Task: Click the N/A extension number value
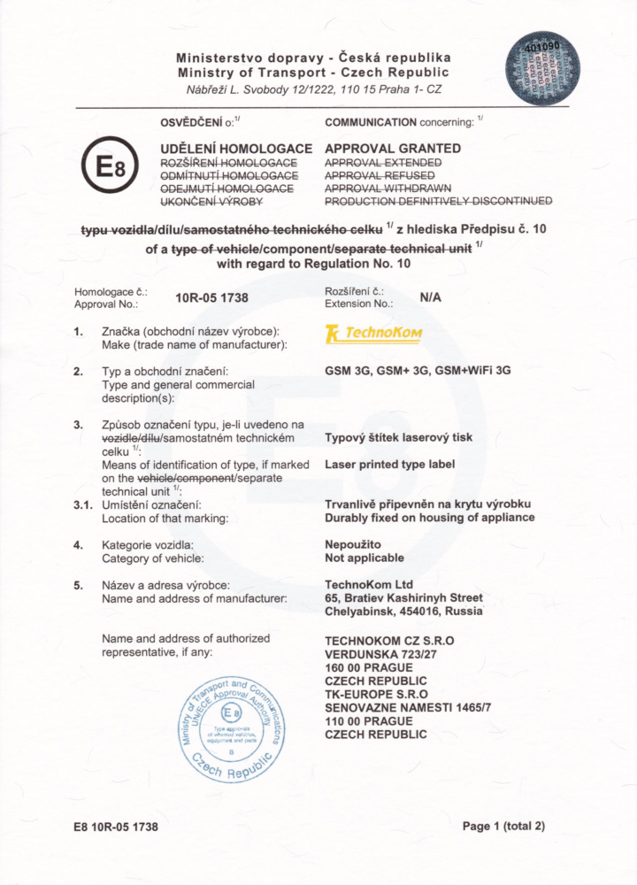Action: click(x=430, y=297)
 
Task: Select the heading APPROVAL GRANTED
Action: click(x=393, y=149)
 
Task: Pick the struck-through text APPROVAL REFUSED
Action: click(x=380, y=176)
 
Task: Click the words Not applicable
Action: click(x=365, y=558)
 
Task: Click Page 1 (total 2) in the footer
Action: click(x=503, y=826)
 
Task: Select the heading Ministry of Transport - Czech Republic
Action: click(x=313, y=72)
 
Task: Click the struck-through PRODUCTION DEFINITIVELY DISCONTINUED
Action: click(x=438, y=201)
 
